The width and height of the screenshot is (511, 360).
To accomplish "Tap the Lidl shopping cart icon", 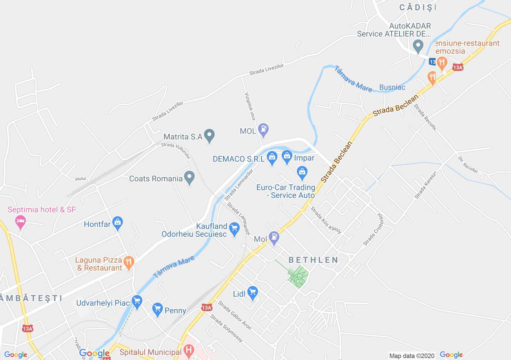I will point(252,292).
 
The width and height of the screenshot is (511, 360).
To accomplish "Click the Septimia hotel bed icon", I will point(21,220).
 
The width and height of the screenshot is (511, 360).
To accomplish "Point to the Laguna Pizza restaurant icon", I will point(129,262).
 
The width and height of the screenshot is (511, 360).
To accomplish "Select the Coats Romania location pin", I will point(189,177).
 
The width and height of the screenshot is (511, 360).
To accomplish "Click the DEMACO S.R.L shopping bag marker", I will point(272,158).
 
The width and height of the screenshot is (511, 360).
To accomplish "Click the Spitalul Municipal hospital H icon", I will point(188,350).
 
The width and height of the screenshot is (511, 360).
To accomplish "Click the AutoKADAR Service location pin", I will point(418,46).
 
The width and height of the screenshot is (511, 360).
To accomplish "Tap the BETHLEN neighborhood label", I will point(313,260).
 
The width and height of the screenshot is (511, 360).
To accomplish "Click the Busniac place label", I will point(392,87).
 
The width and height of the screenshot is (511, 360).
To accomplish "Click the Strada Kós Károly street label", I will point(326,220).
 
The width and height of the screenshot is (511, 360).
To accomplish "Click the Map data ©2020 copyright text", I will point(412,356).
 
